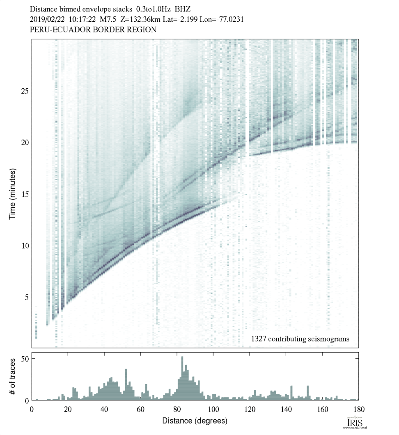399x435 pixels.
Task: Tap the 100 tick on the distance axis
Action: click(x=213, y=409)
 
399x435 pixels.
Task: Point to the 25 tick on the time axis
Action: click(x=24, y=91)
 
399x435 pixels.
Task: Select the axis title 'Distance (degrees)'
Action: click(x=195, y=421)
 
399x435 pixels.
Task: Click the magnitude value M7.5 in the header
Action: click(x=101, y=19)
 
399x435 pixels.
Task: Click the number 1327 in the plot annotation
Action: click(x=259, y=339)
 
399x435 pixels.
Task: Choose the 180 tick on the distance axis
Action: click(x=358, y=409)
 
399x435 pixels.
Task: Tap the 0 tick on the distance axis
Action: click(x=32, y=409)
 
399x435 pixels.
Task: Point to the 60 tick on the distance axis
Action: click(x=141, y=409)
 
